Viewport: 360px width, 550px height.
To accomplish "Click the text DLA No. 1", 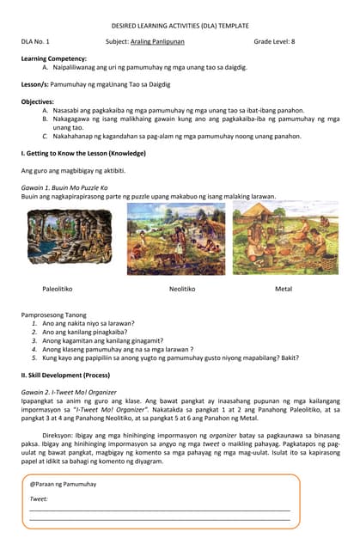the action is [35, 41].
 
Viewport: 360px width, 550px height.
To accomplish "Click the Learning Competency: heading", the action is [53, 58].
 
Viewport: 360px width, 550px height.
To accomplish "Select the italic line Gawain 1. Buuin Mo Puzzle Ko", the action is [64, 187].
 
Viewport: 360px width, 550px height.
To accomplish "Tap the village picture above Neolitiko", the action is [175, 239].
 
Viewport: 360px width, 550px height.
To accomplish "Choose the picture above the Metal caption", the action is [284, 238].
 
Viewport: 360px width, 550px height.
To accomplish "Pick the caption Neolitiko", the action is [181, 289].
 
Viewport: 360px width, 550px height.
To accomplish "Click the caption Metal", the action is [284, 289].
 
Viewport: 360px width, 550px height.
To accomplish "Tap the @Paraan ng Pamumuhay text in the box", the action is [63, 485].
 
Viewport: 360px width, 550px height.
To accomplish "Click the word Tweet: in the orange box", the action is [39, 498].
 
